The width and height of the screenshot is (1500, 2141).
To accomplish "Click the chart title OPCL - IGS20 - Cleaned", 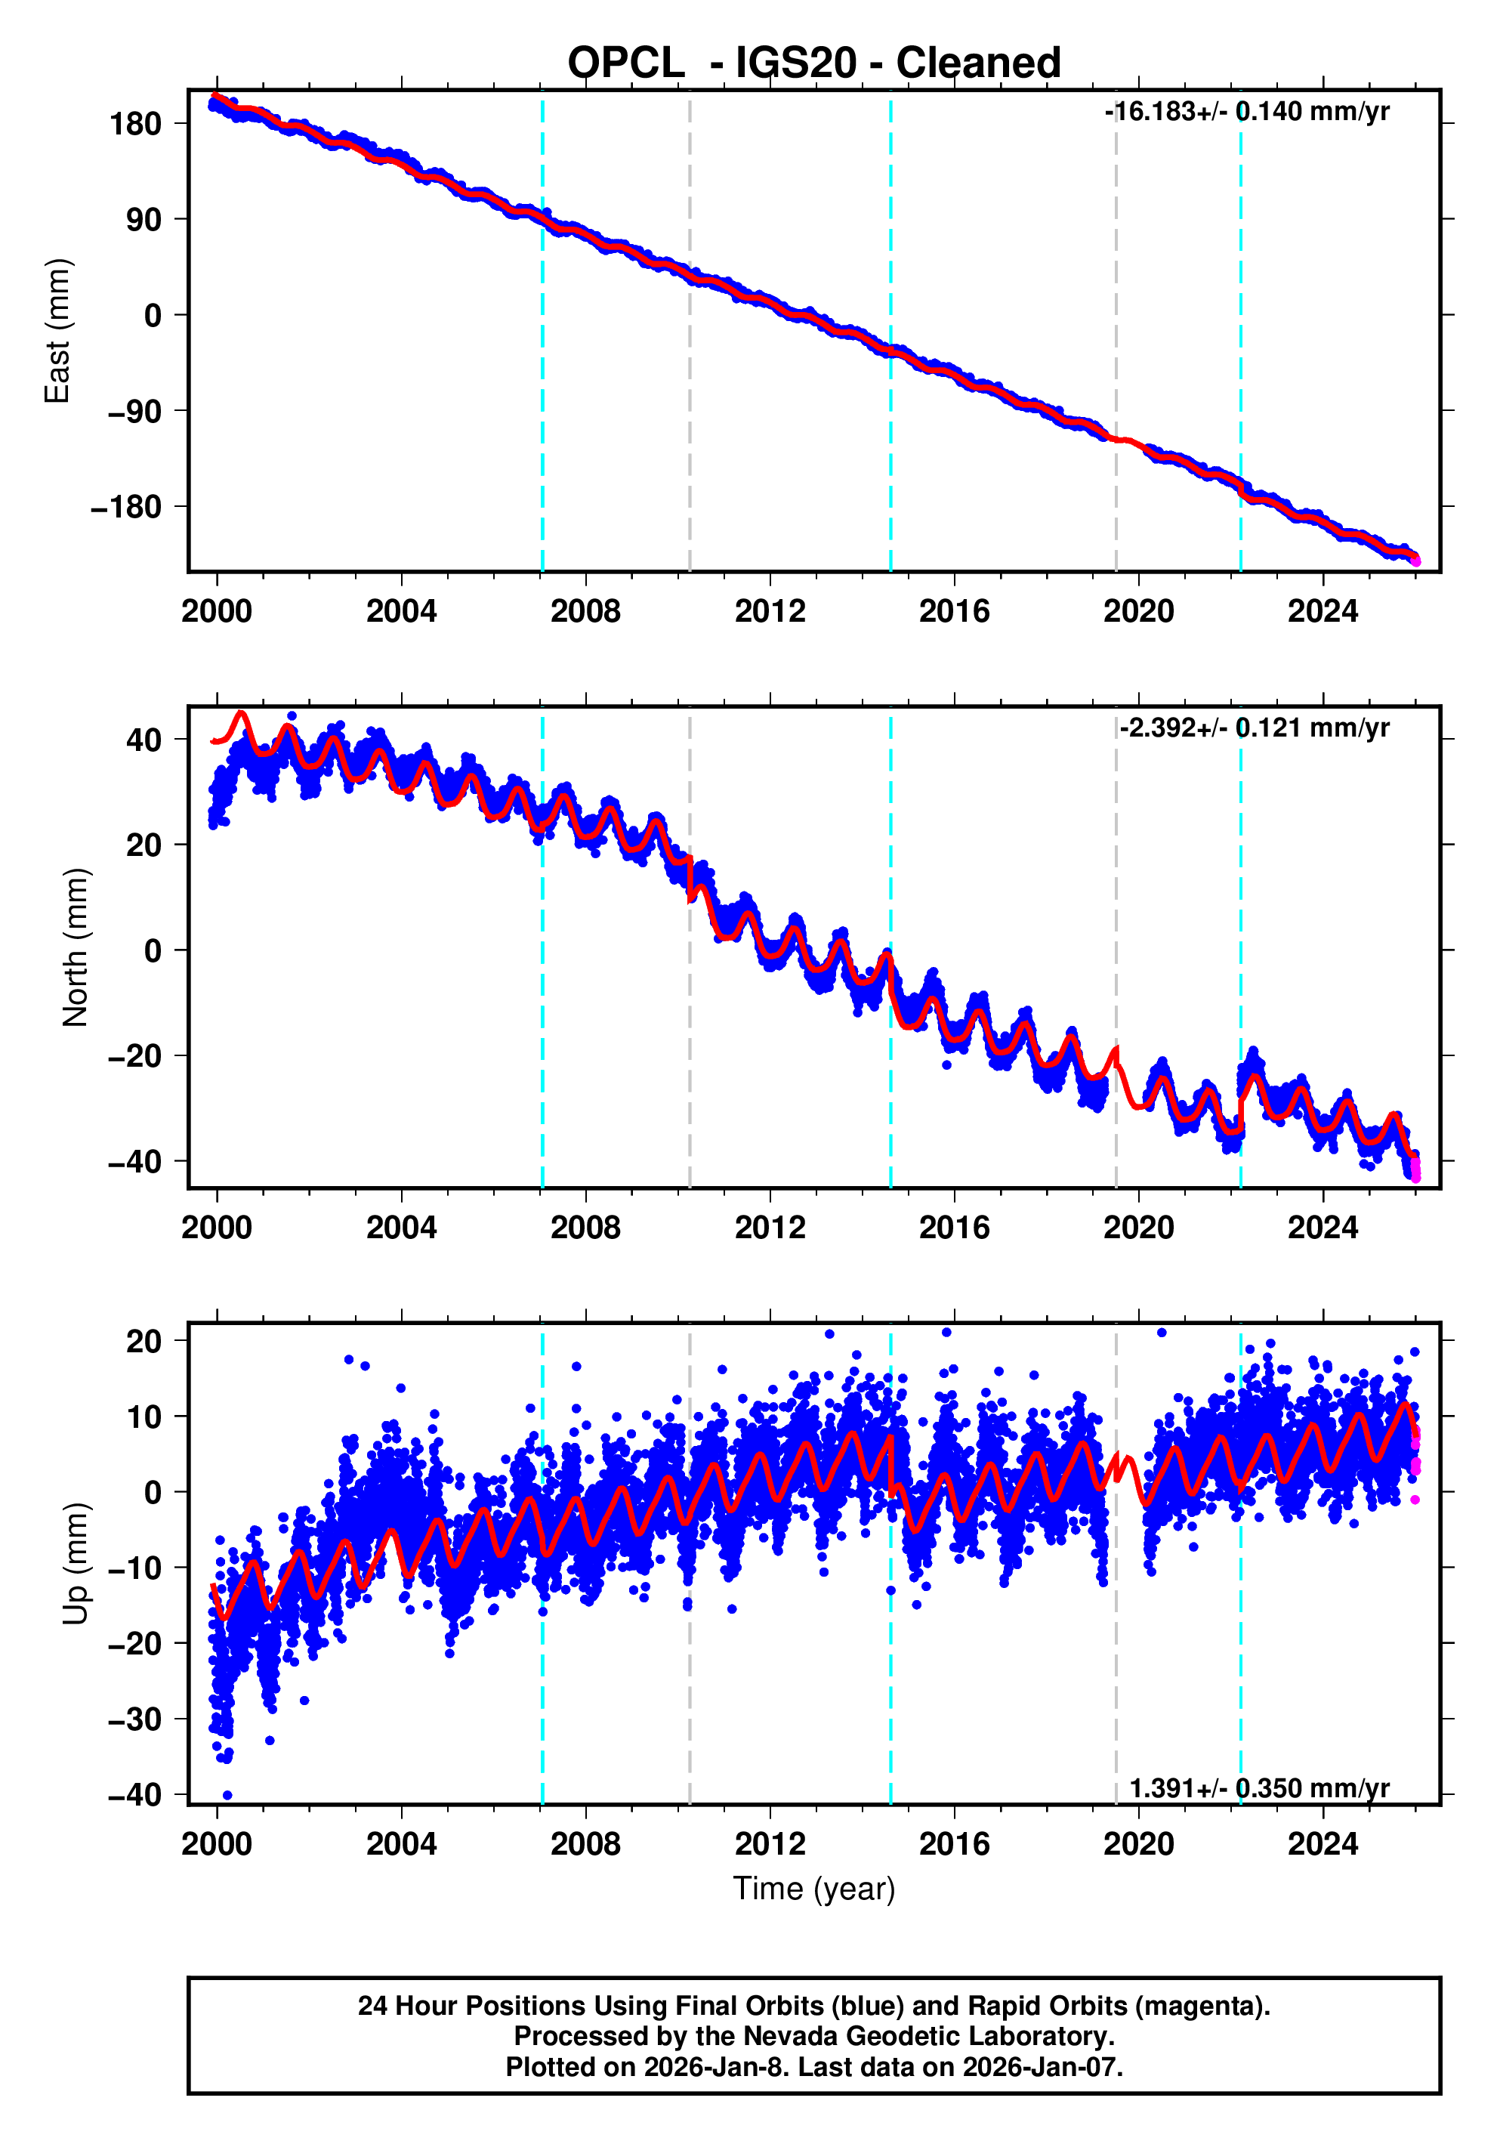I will click(814, 63).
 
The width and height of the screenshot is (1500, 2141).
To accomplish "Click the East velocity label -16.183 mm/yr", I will click(1246, 112).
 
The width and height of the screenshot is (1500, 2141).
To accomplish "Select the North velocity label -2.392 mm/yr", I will click(1253, 728).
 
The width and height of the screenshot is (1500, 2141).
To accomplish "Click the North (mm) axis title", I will click(75, 947).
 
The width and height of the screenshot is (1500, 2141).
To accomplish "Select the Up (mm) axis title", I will click(75, 1564).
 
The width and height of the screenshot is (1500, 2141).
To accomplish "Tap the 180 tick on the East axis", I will click(135, 124).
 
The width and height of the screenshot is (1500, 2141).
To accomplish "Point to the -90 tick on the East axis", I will click(134, 411).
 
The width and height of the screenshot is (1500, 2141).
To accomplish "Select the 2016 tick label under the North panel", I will click(954, 1228).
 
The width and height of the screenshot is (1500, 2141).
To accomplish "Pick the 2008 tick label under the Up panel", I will click(585, 1844).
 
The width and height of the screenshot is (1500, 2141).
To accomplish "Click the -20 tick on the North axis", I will click(134, 1056).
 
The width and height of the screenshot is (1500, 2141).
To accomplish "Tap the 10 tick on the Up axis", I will click(143, 1417).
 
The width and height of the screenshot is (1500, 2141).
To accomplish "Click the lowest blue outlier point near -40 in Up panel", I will click(227, 1795).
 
